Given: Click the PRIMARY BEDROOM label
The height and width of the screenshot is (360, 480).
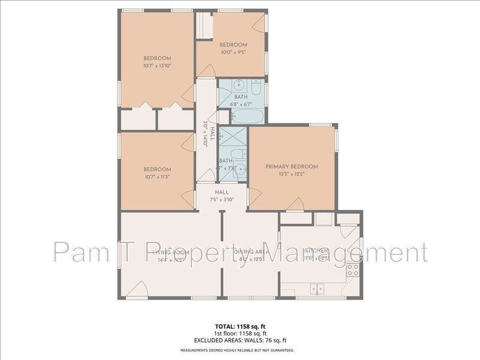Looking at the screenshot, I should point(292,167).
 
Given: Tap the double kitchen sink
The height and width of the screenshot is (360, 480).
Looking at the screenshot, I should point(317,289).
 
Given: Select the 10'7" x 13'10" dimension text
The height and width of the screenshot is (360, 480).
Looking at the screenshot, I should point(157,65).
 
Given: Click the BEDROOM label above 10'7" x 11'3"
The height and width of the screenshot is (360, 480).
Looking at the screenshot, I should point(157,169).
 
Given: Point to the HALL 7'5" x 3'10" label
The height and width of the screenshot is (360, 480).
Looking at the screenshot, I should point(221,196).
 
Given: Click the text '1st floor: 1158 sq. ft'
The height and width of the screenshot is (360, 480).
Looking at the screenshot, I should point(240,333).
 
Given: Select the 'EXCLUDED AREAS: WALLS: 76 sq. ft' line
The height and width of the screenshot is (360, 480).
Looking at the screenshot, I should point(240,340).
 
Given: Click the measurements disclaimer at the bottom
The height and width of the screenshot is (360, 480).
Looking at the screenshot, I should point(240,350).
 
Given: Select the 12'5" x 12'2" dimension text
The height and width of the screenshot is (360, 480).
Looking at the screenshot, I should point(292,175).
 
